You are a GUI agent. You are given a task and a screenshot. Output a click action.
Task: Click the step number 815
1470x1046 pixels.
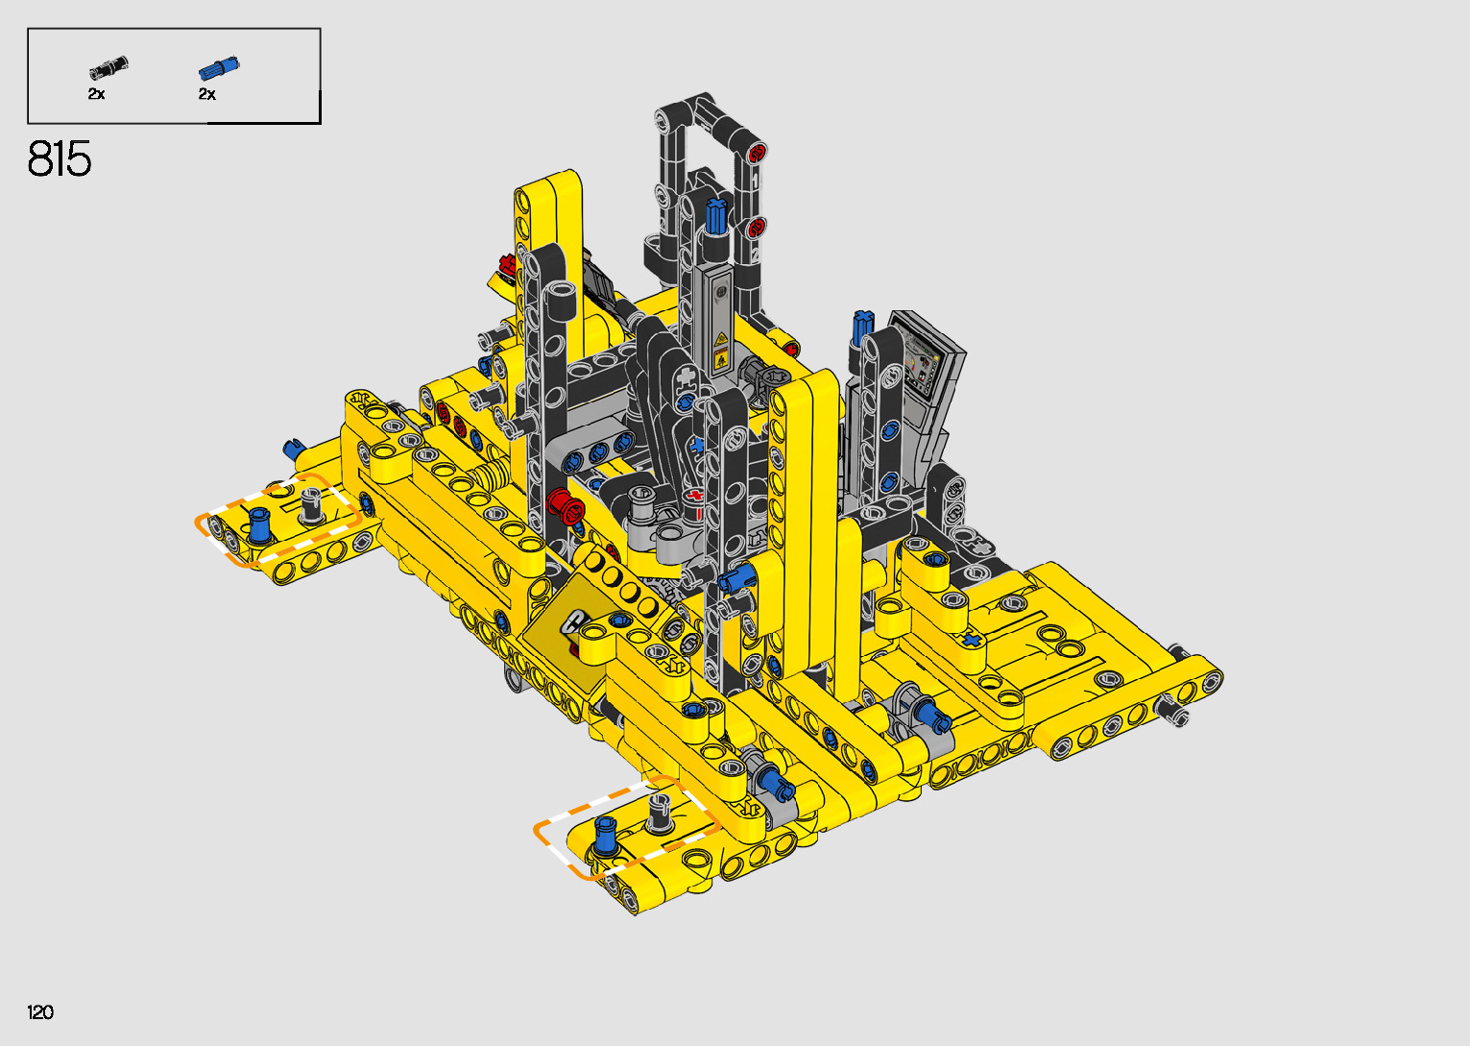pos(60,158)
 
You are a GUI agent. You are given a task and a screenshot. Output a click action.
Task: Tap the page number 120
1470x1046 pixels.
pos(40,1011)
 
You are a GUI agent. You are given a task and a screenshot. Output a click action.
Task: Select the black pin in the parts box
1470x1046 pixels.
pos(108,67)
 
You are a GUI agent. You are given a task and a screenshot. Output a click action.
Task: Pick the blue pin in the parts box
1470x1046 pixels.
pos(219,68)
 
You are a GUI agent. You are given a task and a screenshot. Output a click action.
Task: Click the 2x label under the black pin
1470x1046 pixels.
pos(96,94)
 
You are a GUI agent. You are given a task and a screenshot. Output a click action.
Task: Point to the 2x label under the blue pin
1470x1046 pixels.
pos(207,94)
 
